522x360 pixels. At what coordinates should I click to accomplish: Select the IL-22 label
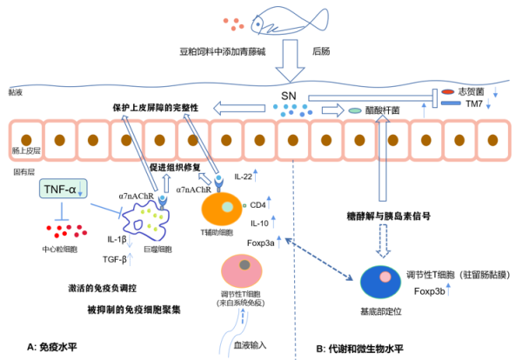click(x=244, y=179)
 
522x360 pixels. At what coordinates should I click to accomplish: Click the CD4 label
click(x=258, y=205)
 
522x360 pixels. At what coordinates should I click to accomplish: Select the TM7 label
click(x=474, y=103)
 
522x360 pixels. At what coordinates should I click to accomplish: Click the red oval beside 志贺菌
click(x=447, y=90)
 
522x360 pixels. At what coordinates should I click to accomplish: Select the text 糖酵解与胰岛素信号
click(x=384, y=212)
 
